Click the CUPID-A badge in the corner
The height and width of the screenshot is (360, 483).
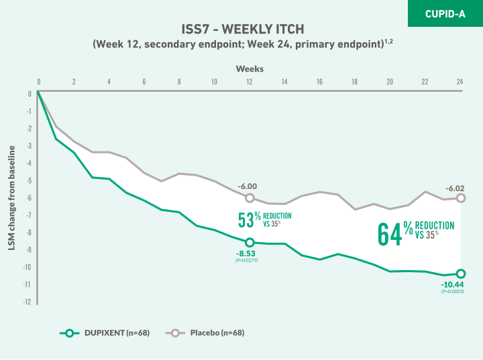point(445,13)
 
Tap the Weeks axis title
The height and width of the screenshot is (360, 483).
point(249,68)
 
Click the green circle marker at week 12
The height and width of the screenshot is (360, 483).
point(250,242)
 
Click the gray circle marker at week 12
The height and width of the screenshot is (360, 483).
point(250,198)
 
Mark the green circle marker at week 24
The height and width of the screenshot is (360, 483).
point(460,274)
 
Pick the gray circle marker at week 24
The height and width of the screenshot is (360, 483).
point(460,198)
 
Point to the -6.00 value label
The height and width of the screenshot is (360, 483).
point(248,186)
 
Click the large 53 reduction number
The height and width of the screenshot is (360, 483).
point(244,220)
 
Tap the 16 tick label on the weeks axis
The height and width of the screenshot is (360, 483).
point(319,82)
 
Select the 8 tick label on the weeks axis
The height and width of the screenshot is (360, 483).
point(179,82)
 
